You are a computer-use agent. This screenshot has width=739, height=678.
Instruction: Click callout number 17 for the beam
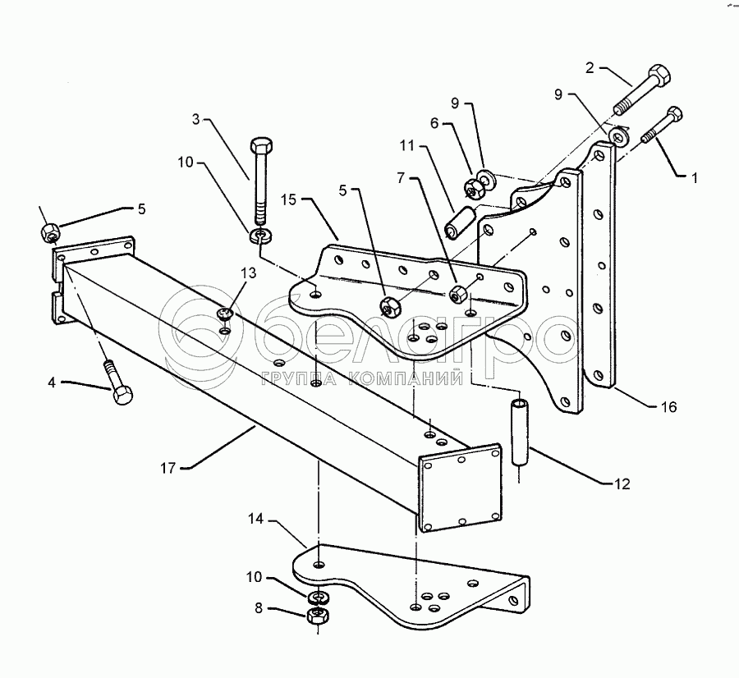168,469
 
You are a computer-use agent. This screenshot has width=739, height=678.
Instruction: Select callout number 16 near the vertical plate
668,406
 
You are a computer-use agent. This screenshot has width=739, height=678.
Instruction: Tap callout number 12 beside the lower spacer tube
622,484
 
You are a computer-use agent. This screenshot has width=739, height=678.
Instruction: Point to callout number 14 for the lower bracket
255,520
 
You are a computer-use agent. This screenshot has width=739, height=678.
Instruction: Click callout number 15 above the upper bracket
288,199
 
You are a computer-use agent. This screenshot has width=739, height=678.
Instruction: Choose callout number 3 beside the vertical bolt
196,119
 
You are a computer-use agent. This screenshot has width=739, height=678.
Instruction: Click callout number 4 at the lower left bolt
52,383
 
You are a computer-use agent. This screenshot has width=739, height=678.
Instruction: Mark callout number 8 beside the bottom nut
259,608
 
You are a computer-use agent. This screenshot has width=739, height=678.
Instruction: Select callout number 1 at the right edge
694,178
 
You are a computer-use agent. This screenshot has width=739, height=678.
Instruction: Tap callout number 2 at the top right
590,68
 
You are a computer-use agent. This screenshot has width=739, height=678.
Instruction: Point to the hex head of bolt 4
122,396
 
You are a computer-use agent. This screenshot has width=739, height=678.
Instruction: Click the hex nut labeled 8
318,615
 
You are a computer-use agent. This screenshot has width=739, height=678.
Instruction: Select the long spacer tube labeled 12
520,433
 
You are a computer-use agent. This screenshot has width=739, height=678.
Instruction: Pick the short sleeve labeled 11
458,222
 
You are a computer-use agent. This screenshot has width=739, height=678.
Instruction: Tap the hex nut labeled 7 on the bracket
457,295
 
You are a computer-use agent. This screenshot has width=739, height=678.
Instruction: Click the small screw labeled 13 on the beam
225,314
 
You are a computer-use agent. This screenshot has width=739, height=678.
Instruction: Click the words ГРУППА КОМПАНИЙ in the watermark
362,378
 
